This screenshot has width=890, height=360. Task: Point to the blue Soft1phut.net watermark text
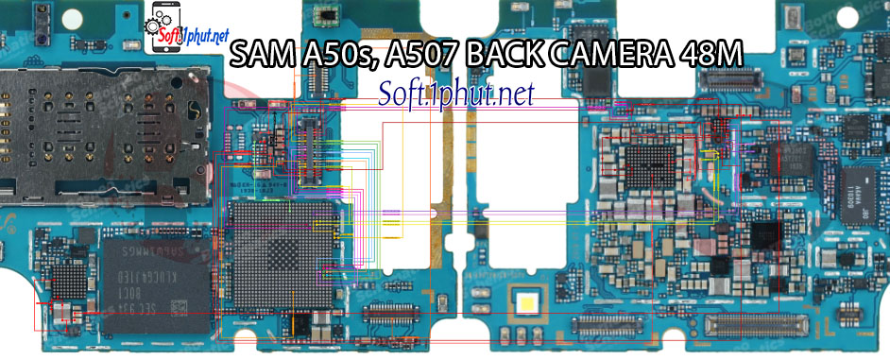coord(456,93)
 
